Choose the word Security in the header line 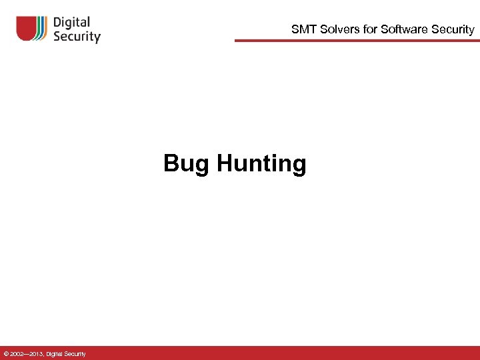(x=451, y=29)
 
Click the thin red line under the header (x=357, y=41)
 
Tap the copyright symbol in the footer (x=6, y=353)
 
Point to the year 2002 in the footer (x=18, y=353)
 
